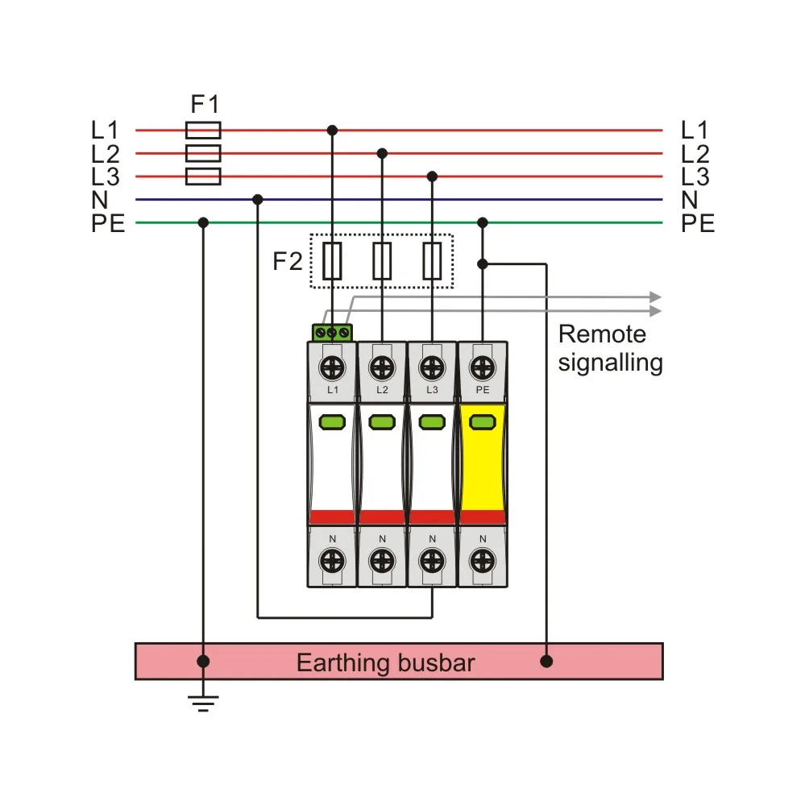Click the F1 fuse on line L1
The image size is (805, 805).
click(203, 130)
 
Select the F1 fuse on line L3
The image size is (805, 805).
click(203, 176)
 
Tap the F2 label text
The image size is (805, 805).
click(287, 262)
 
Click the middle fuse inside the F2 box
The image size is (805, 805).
click(382, 261)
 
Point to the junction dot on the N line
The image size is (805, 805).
click(258, 199)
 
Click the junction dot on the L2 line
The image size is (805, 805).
click(382, 153)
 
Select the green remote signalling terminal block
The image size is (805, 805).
click(332, 332)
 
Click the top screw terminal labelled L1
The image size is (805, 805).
click(332, 367)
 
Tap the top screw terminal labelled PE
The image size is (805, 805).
click(482, 367)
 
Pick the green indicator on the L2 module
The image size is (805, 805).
click(382, 421)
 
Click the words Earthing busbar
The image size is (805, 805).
click(385, 663)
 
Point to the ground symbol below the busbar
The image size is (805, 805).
click(204, 704)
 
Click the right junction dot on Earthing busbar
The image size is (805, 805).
click(547, 662)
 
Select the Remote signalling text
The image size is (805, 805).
click(610, 348)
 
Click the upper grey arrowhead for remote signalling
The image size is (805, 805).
click(655, 297)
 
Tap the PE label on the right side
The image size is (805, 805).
click(697, 224)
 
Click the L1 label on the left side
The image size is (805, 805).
click(105, 130)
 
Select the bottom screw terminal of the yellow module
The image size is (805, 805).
click(482, 559)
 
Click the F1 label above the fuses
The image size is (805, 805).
click(204, 104)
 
